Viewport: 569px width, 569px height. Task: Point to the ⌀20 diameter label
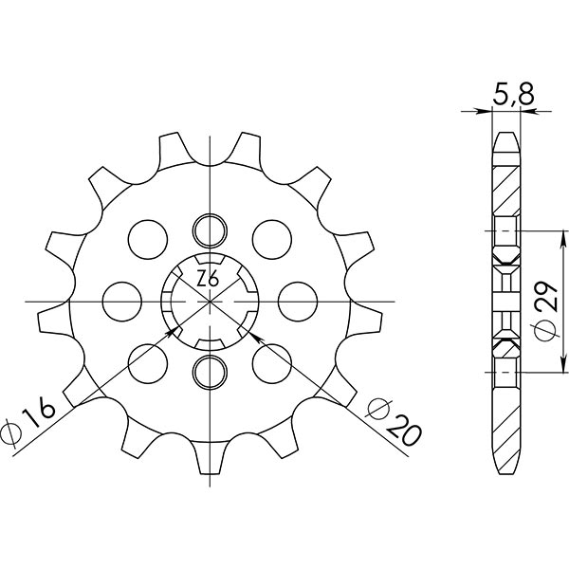point(391,422)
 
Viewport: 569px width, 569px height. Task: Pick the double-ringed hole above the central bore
point(209,229)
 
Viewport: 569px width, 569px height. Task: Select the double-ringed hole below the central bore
point(209,370)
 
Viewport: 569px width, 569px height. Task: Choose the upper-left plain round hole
point(147,237)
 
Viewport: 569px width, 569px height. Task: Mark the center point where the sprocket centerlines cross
point(209,301)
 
